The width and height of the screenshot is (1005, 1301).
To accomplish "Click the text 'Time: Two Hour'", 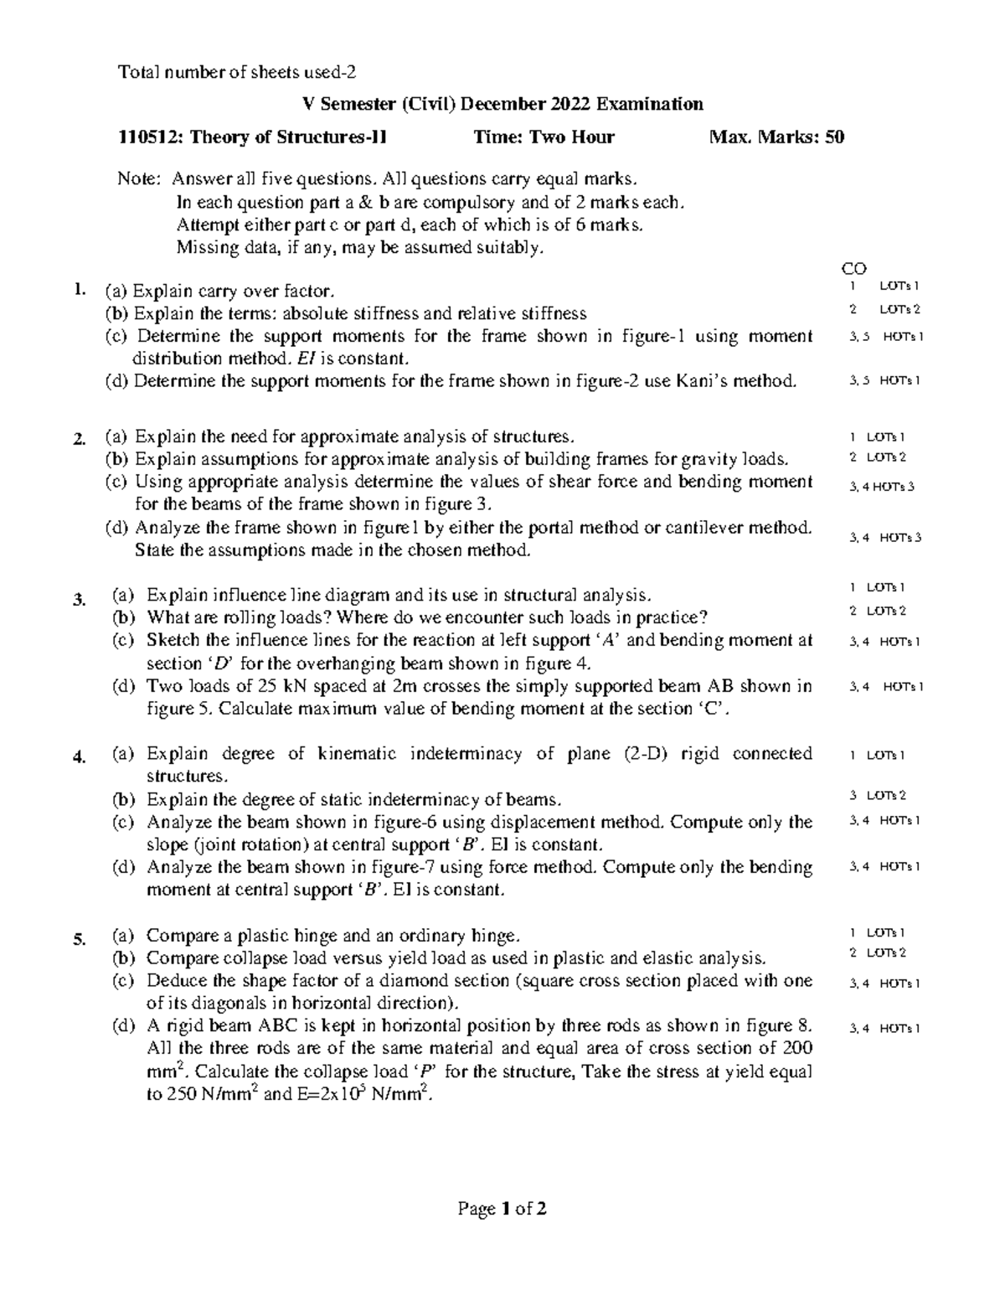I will [544, 137].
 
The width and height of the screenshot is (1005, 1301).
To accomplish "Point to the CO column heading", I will [853, 269].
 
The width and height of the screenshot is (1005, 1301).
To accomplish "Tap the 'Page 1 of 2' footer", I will [502, 1209].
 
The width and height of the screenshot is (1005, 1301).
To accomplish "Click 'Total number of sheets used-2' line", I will [242, 72].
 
